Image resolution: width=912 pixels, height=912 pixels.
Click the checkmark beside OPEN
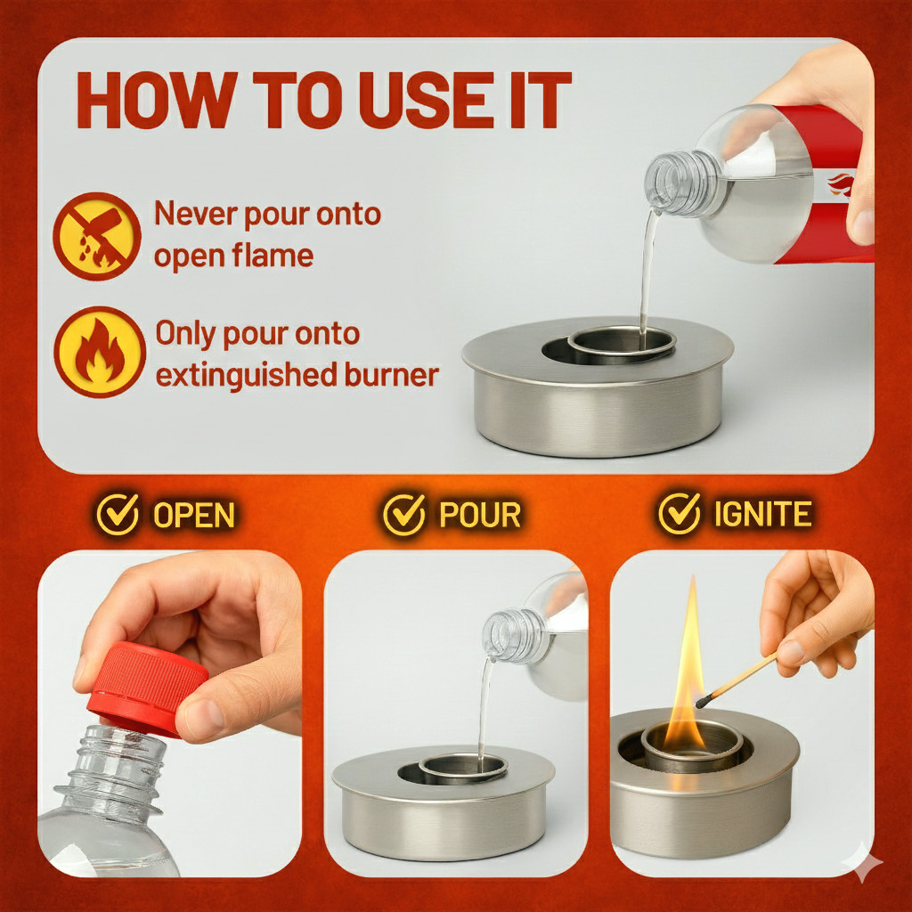(118, 514)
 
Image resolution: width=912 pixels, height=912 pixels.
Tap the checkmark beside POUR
(404, 514)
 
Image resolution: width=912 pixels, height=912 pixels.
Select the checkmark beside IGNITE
(680, 514)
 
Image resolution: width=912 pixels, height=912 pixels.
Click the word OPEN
(193, 515)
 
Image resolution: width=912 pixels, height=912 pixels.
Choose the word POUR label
(480, 515)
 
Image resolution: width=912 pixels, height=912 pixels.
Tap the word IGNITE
(762, 515)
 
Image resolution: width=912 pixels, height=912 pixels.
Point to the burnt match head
(702, 702)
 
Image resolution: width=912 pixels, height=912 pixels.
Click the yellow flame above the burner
(687, 677)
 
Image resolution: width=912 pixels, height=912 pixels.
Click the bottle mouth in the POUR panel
(496, 635)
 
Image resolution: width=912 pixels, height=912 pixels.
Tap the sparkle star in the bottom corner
(864, 863)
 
